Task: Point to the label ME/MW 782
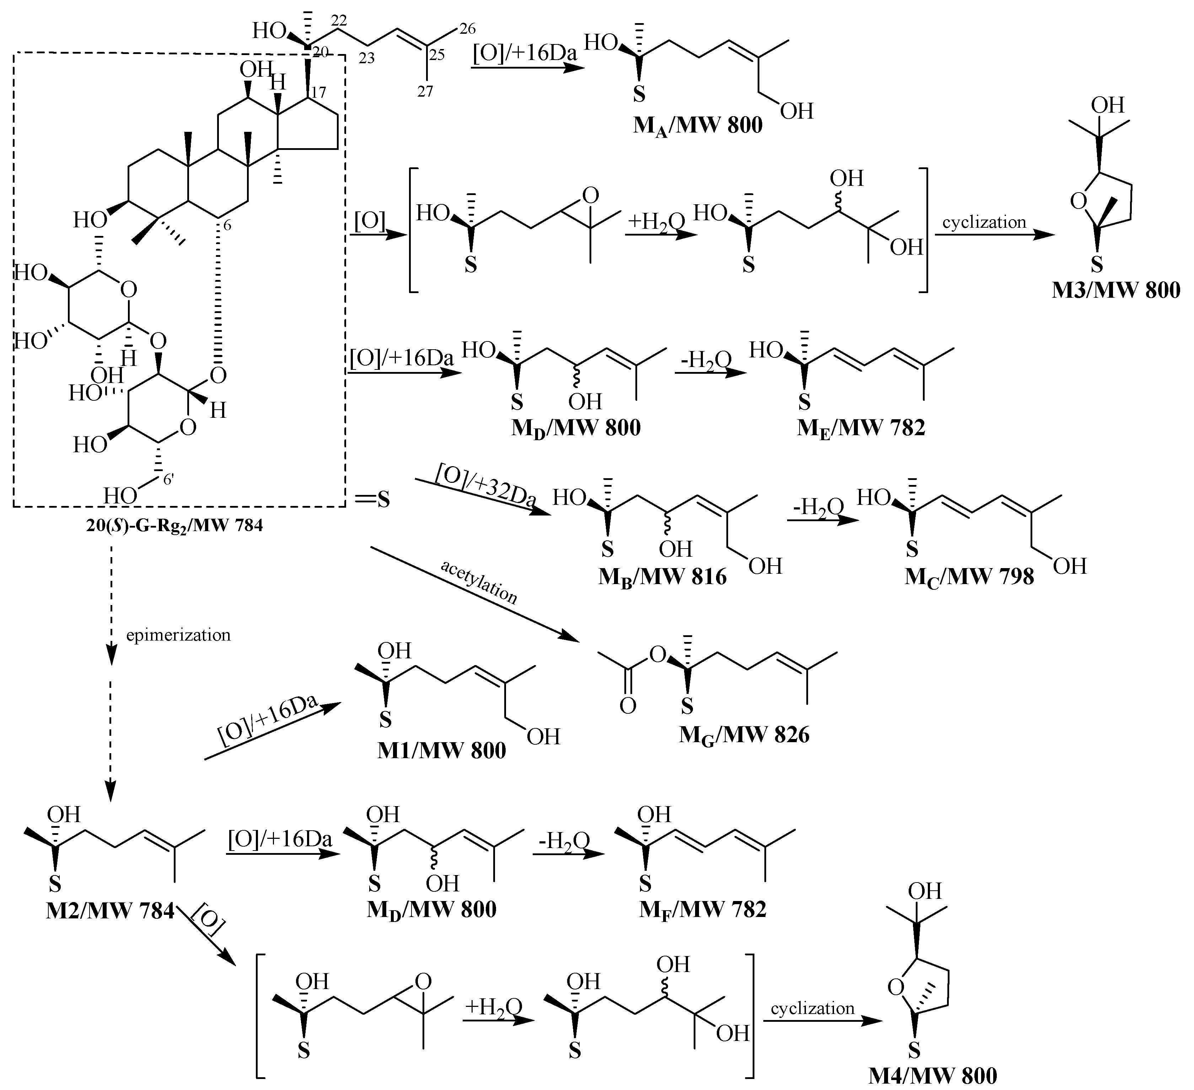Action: click(861, 427)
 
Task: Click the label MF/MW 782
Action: click(703, 909)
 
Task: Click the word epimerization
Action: click(178, 635)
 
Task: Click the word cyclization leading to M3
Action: click(984, 223)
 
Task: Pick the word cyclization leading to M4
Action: click(813, 1008)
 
